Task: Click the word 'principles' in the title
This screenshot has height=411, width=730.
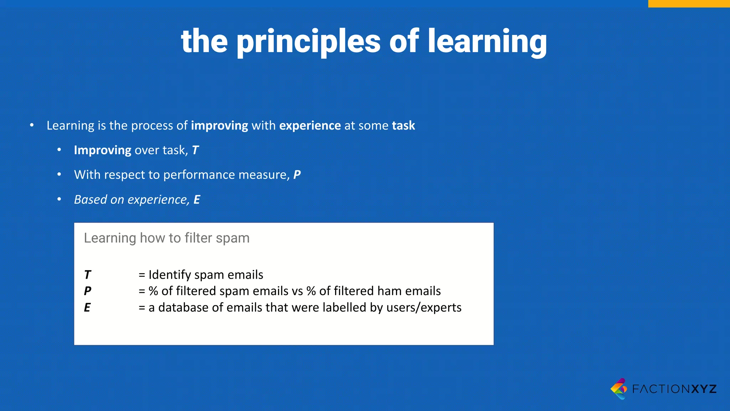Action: click(x=308, y=42)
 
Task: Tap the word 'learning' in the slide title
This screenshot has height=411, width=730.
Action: click(x=487, y=42)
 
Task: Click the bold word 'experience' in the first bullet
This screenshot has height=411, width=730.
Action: click(x=310, y=126)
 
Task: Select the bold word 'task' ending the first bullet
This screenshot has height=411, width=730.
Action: click(x=403, y=126)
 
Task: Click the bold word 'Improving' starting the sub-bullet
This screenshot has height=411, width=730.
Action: click(x=102, y=150)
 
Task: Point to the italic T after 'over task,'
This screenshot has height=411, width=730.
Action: click(x=195, y=150)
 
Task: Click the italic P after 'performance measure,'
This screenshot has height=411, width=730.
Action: click(x=297, y=175)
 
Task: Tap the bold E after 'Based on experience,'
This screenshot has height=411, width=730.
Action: click(x=197, y=199)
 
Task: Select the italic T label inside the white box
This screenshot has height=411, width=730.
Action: click(x=88, y=275)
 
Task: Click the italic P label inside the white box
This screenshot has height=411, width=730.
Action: click(x=88, y=291)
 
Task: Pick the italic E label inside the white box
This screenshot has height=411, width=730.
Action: click(x=87, y=308)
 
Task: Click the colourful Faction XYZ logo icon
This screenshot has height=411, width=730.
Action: click(x=620, y=389)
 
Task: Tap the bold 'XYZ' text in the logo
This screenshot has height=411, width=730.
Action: click(x=704, y=389)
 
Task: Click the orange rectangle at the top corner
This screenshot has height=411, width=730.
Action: click(x=689, y=4)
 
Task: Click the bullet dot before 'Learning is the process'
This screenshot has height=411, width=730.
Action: click(x=32, y=125)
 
